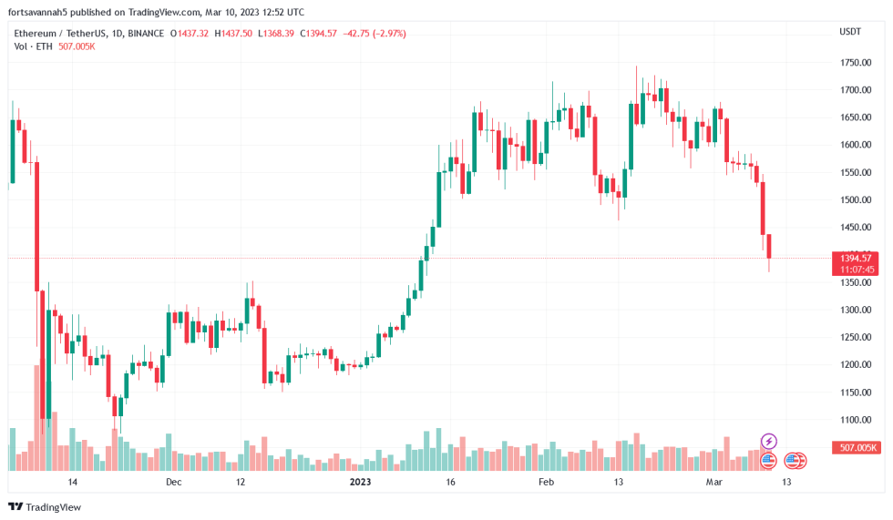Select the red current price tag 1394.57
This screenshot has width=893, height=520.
pos(857,259)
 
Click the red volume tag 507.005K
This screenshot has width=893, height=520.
pos(857,447)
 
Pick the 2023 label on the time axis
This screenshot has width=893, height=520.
pos(362,482)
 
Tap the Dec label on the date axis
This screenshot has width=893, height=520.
pos(173,482)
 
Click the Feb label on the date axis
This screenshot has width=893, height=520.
pos(546,482)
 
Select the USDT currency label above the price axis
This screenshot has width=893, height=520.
pos(849,32)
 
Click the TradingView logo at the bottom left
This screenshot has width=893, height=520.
pos(45,506)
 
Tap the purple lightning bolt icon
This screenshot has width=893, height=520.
pos(768,441)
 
